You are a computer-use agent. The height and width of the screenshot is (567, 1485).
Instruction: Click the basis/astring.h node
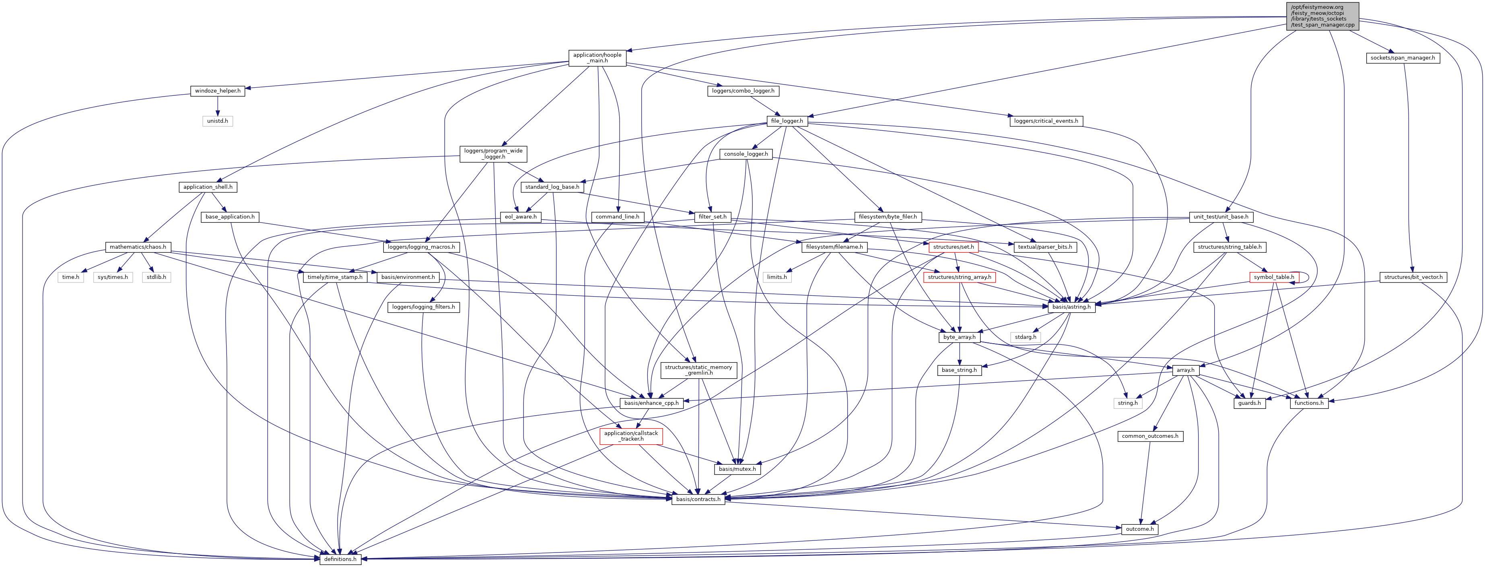(1071, 307)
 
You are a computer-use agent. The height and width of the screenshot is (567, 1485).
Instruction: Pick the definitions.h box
(340, 559)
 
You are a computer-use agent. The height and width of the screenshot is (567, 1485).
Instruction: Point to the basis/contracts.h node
(698, 499)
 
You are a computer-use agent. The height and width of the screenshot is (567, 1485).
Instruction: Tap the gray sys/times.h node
(113, 277)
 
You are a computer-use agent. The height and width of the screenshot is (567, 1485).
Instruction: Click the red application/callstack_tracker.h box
(631, 436)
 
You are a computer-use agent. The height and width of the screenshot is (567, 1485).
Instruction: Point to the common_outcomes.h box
(1150, 437)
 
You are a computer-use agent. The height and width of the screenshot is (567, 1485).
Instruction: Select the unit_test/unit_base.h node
(1220, 217)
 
